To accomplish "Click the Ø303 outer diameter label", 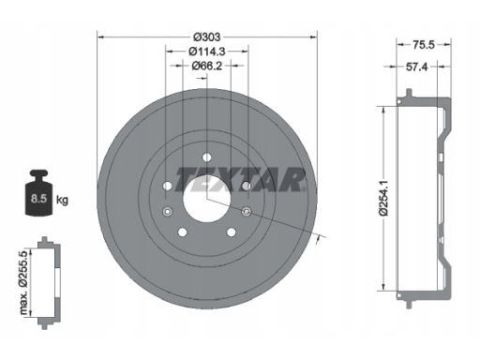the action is [207, 37].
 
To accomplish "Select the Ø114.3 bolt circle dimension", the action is [207, 52].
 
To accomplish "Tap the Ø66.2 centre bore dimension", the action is [207, 66].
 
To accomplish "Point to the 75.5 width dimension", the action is [424, 45].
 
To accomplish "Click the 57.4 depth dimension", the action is [416, 67].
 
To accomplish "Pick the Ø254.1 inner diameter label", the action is [383, 198].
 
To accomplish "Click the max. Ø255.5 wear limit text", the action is [23, 282].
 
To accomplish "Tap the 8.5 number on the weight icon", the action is [38, 199].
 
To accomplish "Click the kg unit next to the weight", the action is [62, 200].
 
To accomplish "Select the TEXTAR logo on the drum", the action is [240, 179].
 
